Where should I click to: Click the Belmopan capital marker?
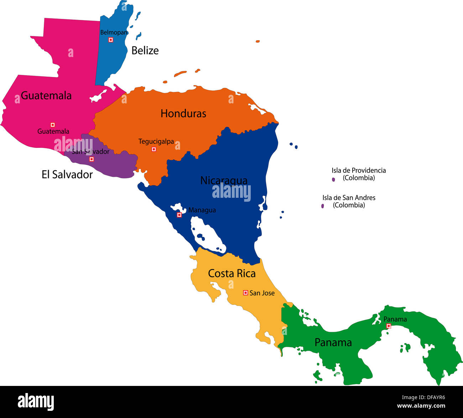pos(111,40)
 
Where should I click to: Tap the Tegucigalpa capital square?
pos(154,149)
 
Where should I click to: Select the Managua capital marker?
pos(180,215)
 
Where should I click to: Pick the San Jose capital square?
pos(245,293)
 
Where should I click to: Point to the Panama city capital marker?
pos(389,326)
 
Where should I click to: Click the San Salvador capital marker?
pos(92,159)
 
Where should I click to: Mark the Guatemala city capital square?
pos(53,125)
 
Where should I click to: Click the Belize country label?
pos(145,51)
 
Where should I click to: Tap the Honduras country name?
pos(183,114)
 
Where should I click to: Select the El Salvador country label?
pos(67,175)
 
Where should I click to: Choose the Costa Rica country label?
pos(231,274)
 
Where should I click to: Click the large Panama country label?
pos(333,342)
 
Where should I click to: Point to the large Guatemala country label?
pos(46,96)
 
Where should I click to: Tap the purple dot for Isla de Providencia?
pos(333,180)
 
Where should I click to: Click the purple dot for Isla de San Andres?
pos(323,206)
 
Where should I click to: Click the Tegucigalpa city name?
pos(156,141)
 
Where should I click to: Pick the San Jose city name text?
pos(262,293)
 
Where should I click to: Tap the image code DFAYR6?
pos(433,398)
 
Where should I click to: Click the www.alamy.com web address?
pos(421,406)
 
